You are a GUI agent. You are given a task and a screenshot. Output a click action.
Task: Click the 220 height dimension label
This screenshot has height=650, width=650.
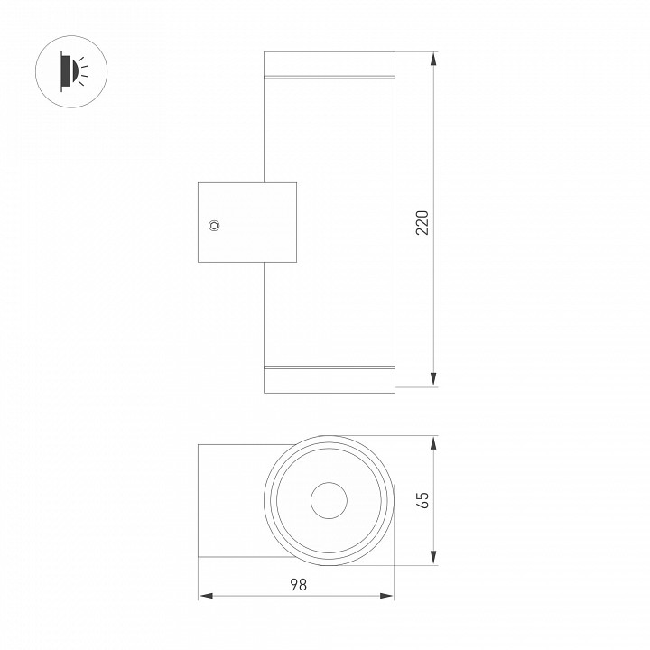coord(422,223)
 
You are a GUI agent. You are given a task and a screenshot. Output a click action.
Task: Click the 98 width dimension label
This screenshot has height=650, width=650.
coord(298,584)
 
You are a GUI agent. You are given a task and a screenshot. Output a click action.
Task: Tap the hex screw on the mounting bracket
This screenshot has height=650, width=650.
coord(214,226)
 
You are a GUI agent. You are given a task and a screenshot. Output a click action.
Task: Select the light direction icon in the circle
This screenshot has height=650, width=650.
coord(71,71)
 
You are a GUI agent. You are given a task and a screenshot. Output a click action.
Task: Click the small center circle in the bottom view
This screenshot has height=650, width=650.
coord(329,500)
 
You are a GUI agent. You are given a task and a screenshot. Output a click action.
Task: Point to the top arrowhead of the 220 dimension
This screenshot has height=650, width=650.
coord(433,59)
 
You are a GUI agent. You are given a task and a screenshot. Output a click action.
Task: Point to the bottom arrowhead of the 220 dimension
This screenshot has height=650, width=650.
coord(433,379)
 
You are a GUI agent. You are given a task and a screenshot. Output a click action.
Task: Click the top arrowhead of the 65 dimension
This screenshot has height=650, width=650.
coord(433,443)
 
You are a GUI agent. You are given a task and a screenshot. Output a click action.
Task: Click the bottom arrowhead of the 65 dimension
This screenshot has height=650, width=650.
coord(433,558)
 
